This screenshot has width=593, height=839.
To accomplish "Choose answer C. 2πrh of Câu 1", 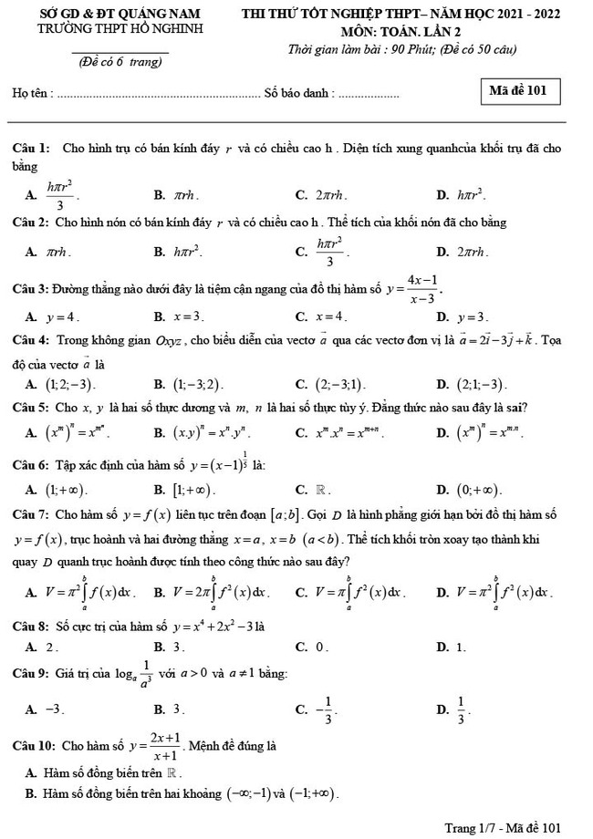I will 320,194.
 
